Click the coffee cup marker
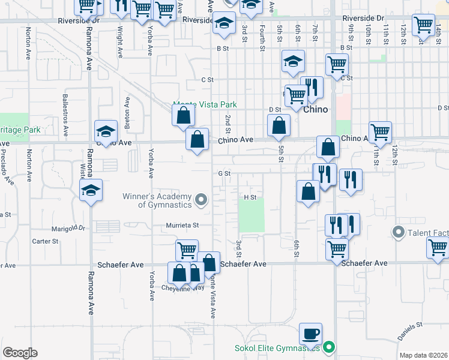pyautogui.click(x=310, y=334)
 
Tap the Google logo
pyautogui.click(x=20, y=353)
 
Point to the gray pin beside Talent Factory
pyautogui.click(x=397, y=232)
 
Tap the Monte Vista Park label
pyautogui.click(x=205, y=104)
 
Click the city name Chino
pyautogui.click(x=315, y=110)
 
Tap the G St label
pyautogui.click(x=224, y=173)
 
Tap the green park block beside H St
pyautogui.click(x=252, y=215)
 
